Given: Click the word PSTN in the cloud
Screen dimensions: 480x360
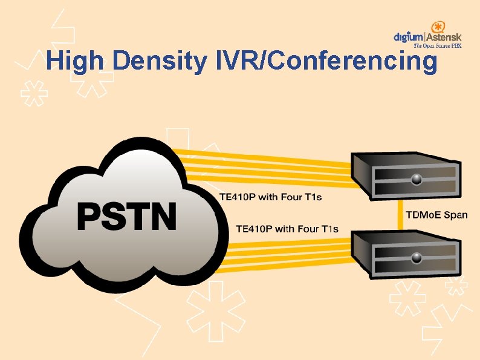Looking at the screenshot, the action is click(126, 216).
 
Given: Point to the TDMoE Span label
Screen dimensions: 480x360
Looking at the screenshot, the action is click(436, 215).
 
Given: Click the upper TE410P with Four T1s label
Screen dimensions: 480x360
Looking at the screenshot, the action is click(270, 197).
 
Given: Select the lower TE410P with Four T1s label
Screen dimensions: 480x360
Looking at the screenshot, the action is click(287, 229).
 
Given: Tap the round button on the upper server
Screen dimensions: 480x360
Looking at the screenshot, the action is click(417, 179).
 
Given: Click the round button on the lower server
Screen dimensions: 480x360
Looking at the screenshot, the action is click(417, 258).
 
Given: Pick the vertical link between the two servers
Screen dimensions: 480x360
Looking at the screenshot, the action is click(399, 215).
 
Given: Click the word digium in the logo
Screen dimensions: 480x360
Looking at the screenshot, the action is click(409, 37).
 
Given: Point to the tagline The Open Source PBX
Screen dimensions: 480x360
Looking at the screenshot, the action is click(437, 46).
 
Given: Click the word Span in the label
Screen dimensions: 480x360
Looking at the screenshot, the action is click(455, 215).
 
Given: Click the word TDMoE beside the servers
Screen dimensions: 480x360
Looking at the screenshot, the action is click(423, 215).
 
